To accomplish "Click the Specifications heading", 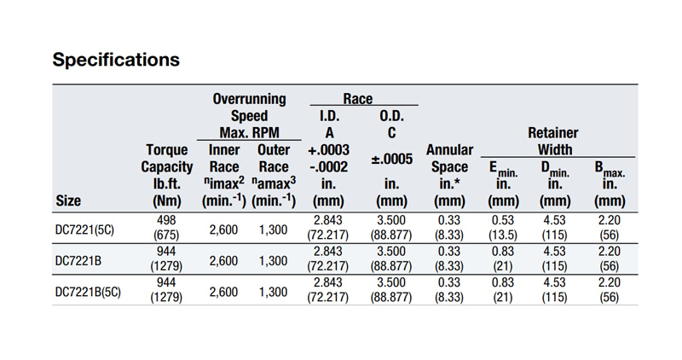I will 116,60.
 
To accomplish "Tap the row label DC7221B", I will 78,259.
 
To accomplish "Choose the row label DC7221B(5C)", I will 89,291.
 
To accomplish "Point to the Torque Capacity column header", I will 166,175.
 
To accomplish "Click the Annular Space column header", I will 448,175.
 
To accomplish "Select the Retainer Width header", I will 552,142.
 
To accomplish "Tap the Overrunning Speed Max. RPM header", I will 249,115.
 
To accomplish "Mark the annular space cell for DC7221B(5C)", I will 448,291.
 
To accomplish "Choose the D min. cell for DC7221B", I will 554,259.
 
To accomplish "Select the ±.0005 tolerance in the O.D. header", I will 391,159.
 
